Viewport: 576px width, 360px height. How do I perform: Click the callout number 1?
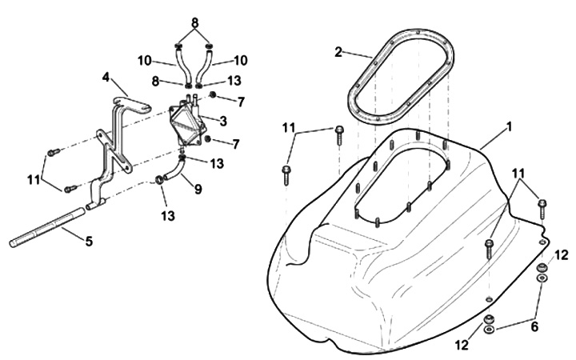click(x=509, y=127)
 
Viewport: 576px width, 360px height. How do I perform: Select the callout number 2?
click(x=338, y=52)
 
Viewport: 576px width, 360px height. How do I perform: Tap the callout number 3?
click(x=223, y=121)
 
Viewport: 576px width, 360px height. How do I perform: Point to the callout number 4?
click(x=106, y=78)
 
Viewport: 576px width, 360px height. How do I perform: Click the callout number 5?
click(x=89, y=242)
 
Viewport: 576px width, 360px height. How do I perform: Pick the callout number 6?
click(x=534, y=326)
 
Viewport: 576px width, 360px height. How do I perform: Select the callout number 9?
click(x=198, y=189)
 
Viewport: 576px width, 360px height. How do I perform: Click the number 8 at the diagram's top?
click(x=194, y=22)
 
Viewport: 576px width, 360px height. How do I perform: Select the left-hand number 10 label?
click(x=145, y=61)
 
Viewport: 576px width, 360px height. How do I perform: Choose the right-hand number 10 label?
click(x=241, y=60)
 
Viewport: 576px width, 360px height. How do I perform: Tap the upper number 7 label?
click(x=241, y=102)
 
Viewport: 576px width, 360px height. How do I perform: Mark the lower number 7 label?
click(x=236, y=144)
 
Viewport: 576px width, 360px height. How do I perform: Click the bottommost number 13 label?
click(x=168, y=216)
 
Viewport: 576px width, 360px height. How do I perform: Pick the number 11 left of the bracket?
click(x=34, y=180)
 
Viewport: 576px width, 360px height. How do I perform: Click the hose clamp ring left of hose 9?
click(x=158, y=180)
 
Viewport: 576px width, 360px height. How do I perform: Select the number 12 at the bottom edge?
click(x=462, y=345)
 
